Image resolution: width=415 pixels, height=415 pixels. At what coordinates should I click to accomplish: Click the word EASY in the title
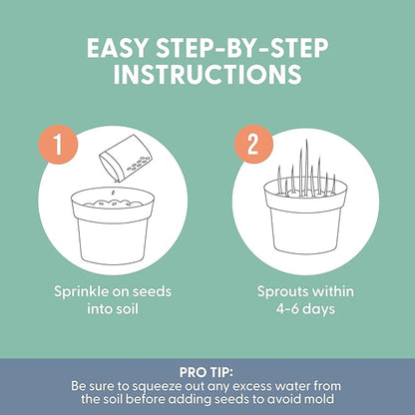click(117, 49)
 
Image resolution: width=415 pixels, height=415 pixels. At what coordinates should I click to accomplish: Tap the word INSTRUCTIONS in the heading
click(207, 74)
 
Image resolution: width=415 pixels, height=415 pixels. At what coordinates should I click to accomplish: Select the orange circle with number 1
click(58, 145)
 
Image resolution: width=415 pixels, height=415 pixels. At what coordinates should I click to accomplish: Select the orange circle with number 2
click(253, 145)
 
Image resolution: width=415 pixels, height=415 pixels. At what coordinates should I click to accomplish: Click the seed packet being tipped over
click(127, 159)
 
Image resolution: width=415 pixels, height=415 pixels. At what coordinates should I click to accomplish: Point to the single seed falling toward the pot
click(113, 193)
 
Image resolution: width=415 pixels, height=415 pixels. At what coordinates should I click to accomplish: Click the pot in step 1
click(113, 225)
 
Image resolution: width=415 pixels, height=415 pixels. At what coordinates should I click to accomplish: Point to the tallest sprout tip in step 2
click(306, 141)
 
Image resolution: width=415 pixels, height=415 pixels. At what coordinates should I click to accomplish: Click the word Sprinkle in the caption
click(81, 292)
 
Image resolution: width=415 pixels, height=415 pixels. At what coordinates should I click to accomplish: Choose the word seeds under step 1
click(154, 291)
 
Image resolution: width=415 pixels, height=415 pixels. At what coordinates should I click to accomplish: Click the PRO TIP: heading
click(207, 372)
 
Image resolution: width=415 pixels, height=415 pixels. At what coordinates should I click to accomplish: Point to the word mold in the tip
click(320, 399)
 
